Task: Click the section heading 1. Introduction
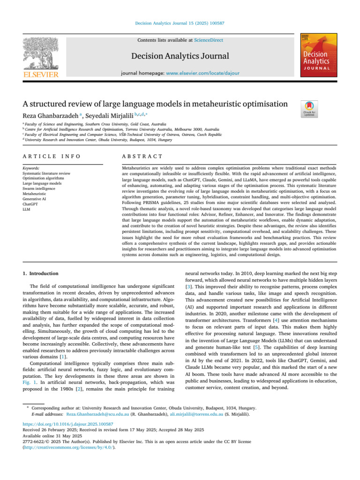[41, 273]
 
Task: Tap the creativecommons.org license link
[68, 447]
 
